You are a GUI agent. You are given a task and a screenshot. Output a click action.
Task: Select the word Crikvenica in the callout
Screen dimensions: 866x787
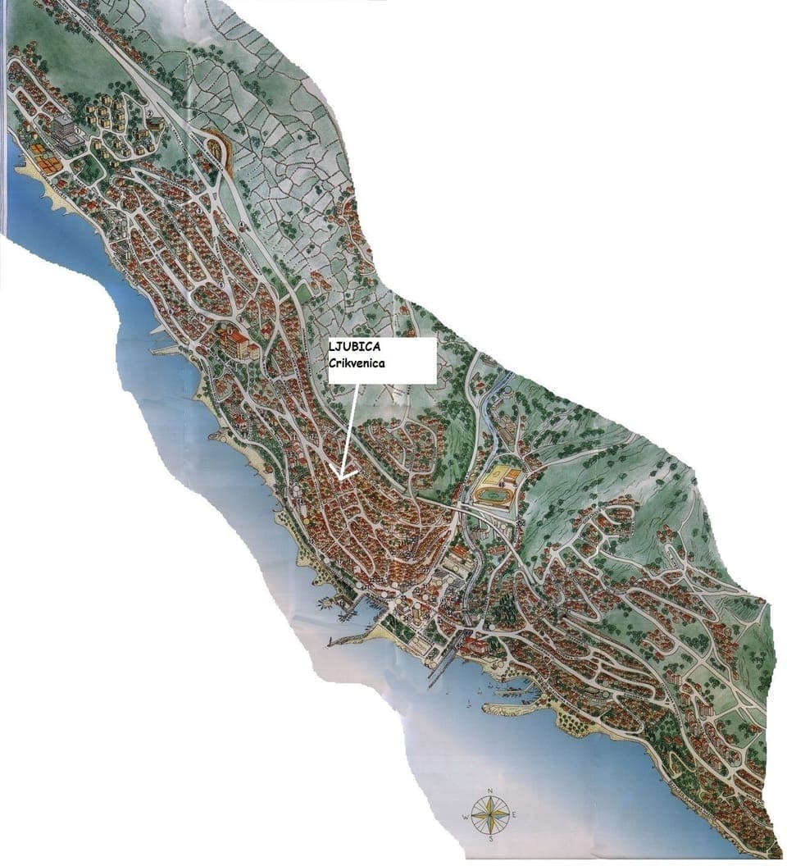(x=357, y=362)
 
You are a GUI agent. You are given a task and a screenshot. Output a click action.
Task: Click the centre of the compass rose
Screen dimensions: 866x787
(x=489, y=814)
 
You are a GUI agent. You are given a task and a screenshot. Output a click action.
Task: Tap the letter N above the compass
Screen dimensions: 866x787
(x=489, y=791)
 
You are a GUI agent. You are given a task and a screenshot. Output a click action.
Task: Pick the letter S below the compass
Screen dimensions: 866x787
(x=489, y=839)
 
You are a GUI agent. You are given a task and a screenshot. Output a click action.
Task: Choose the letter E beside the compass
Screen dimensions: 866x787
(x=513, y=814)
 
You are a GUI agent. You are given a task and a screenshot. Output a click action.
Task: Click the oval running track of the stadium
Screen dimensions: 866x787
(x=492, y=495)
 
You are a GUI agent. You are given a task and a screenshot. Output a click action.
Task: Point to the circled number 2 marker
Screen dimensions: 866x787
(x=150, y=113)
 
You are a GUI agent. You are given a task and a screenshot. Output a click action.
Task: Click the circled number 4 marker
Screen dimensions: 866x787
(x=243, y=225)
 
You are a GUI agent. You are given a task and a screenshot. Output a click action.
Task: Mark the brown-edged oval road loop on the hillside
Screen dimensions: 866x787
(x=217, y=149)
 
